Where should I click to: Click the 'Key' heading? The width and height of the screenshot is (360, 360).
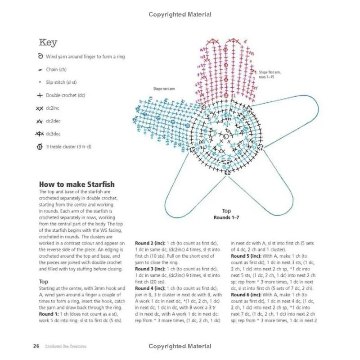click(x=48, y=43)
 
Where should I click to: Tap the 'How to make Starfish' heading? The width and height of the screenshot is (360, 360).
click(x=76, y=184)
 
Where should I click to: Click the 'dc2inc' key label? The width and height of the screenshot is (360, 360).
click(x=53, y=108)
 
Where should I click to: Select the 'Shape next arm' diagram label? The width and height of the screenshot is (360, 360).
click(x=164, y=89)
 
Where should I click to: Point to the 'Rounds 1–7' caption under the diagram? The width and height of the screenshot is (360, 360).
click(x=226, y=217)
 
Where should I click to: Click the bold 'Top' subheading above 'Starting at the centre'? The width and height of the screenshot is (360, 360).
click(x=45, y=281)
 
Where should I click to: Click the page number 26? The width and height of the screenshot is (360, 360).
click(x=36, y=346)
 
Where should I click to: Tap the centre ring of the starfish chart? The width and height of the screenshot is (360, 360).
click(x=225, y=134)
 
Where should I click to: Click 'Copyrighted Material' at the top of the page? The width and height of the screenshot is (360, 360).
click(x=180, y=14)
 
